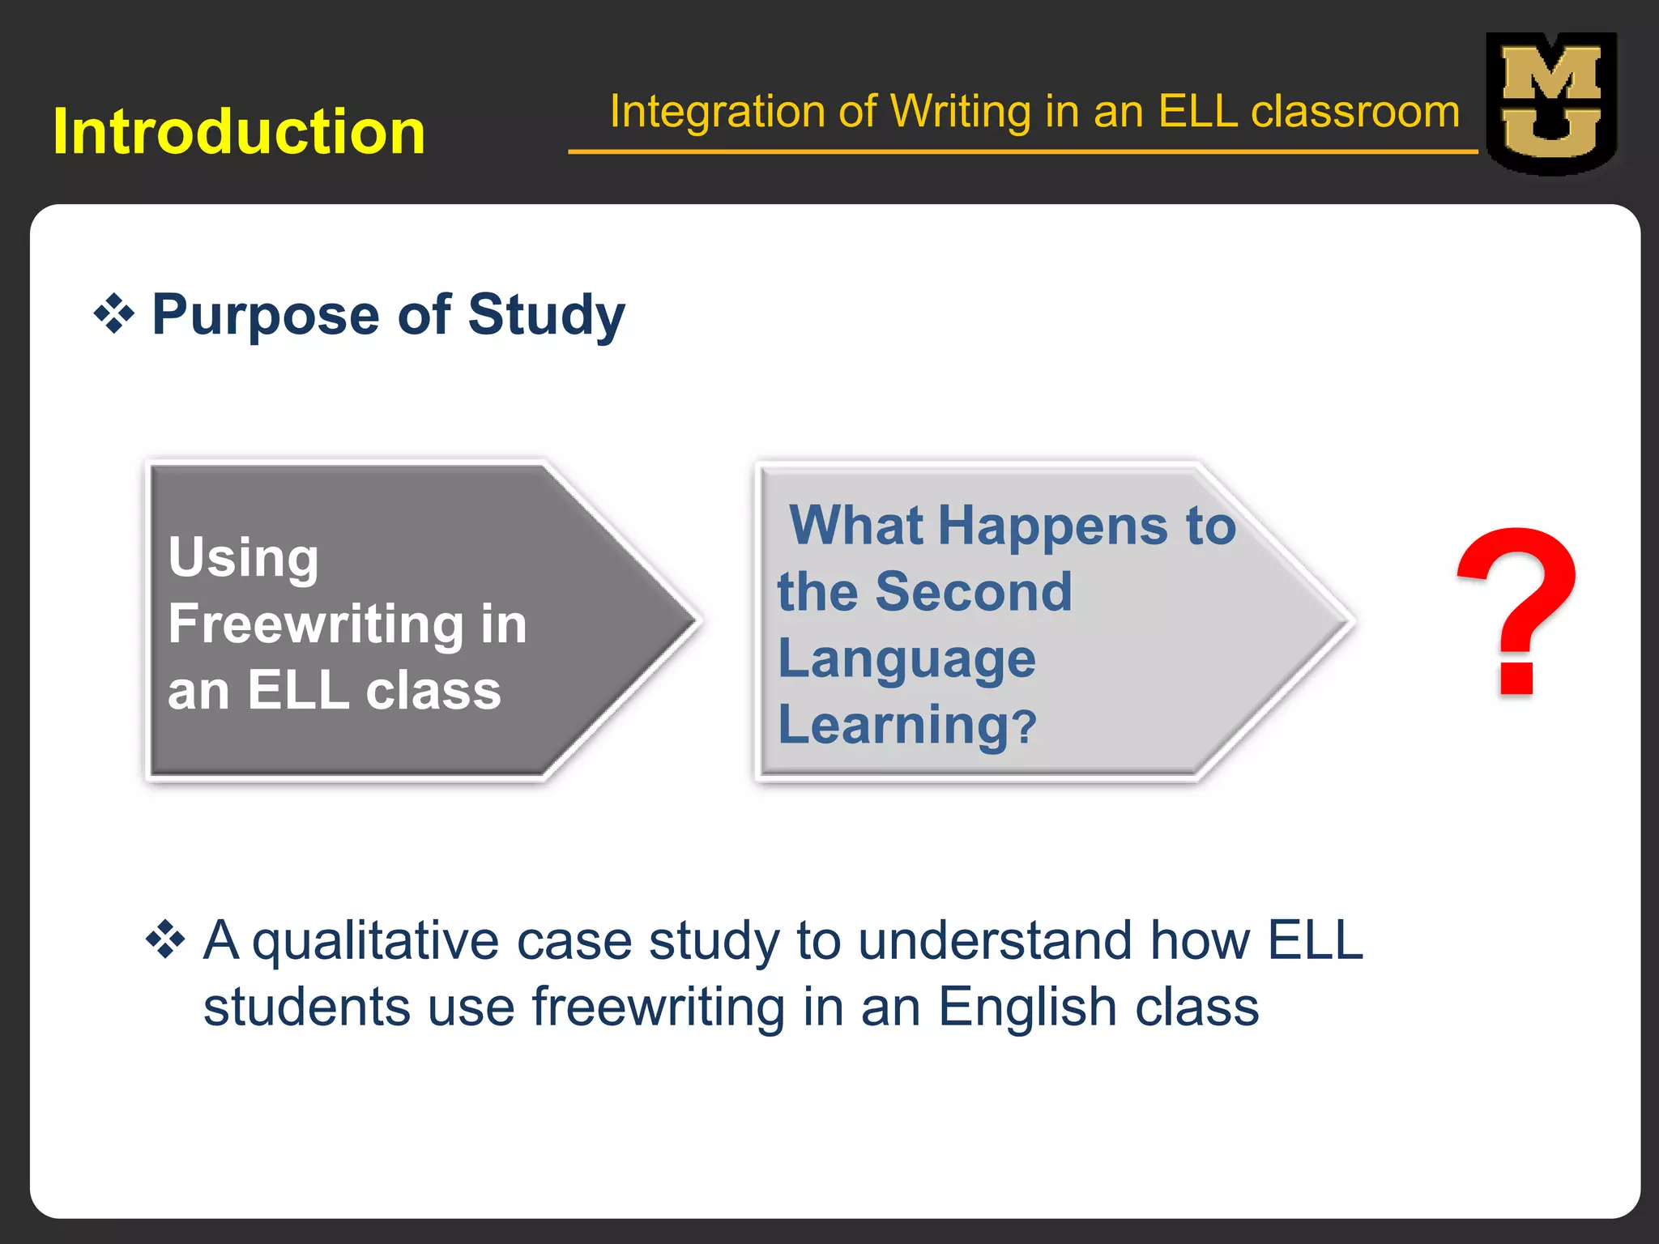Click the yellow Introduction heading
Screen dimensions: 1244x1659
click(239, 132)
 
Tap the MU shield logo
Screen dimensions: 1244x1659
click(1550, 104)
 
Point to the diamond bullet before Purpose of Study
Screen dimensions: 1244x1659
click(114, 315)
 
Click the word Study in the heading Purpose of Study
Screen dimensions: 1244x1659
click(546, 315)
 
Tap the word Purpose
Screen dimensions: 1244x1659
click(266, 315)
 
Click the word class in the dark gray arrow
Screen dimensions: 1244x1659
click(433, 691)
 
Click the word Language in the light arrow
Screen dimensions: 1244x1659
click(906, 658)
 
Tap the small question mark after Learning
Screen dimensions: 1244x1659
click(1025, 726)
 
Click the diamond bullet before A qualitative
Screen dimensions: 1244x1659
click(166, 940)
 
